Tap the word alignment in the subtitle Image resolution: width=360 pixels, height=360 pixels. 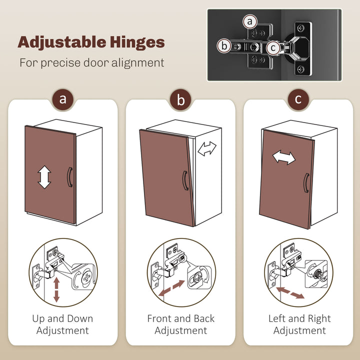click(138, 63)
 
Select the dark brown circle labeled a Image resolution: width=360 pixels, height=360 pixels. click(62, 99)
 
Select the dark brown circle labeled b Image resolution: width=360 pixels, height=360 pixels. click(180, 99)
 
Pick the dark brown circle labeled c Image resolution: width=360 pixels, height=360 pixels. click(298, 99)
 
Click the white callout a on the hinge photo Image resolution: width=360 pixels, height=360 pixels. click(250, 21)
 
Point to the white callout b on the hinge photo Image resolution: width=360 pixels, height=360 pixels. click(224, 46)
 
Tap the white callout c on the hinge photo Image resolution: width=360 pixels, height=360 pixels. click(273, 48)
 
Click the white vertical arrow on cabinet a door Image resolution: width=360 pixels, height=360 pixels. click(44, 177)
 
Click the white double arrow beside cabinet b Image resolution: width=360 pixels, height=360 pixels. click(207, 149)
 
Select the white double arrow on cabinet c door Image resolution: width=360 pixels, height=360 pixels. click(284, 157)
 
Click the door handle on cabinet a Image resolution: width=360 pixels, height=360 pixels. click(69, 177)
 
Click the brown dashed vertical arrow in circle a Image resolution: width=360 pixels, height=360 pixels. click(56, 289)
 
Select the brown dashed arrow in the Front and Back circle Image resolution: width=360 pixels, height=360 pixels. click(171, 288)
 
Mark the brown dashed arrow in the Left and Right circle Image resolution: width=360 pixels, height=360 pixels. click(290, 292)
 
